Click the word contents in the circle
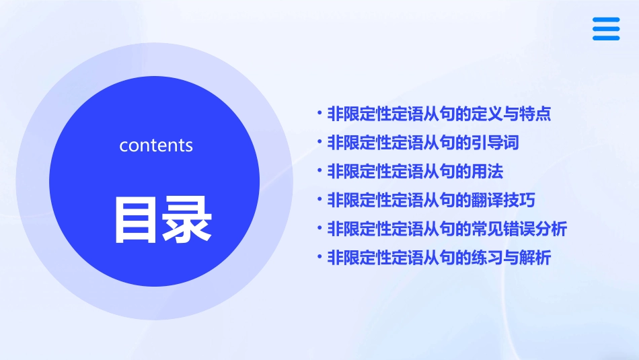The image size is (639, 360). tap(156, 145)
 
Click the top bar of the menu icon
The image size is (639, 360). tap(606, 20)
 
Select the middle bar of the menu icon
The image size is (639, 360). tap(606, 29)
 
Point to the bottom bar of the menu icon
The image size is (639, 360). tap(606, 38)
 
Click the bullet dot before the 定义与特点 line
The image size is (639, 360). tap(320, 114)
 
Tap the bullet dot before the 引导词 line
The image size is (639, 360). tap(320, 143)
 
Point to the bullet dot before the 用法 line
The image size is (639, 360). tap(320, 172)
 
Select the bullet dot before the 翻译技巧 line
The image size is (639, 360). tap(320, 201)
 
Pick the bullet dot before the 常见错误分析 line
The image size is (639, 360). tap(320, 229)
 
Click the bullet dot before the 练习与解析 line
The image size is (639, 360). tap(320, 258)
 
